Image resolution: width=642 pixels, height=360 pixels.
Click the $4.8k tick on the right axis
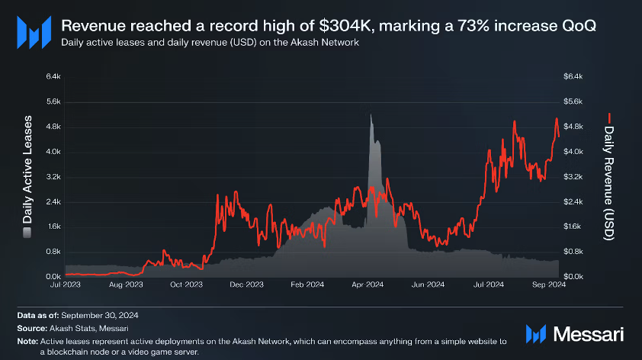pyautogui.click(x=573, y=127)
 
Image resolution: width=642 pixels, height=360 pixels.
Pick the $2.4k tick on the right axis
pyautogui.click(x=573, y=201)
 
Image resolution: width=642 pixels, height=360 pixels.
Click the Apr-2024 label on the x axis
pyautogui.click(x=368, y=284)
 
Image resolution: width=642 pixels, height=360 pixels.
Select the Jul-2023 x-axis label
pyautogui.click(x=66, y=284)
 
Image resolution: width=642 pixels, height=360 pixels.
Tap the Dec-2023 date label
pyautogui.click(x=246, y=284)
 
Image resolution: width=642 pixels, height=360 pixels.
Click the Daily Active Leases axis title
pyautogui.click(x=27, y=175)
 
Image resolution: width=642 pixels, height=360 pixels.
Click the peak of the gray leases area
pyautogui.click(x=371, y=115)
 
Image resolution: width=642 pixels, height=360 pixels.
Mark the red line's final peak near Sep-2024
pyautogui.click(x=557, y=119)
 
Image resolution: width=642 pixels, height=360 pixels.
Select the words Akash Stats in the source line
pyautogui.click(x=70, y=328)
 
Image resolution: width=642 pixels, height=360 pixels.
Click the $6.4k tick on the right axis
pyautogui.click(x=573, y=76)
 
